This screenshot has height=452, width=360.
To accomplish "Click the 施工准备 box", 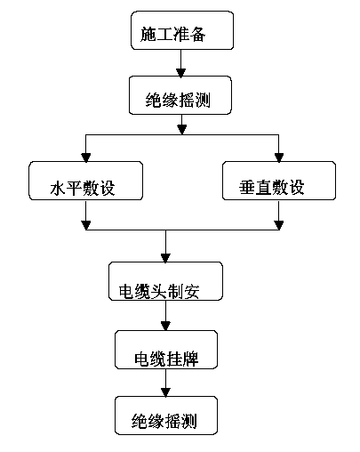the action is coord(182,30).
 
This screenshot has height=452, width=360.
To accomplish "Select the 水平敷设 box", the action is coord(85,181).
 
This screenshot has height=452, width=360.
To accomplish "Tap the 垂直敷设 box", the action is coord(279,181).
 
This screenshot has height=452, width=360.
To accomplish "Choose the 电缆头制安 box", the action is coord(165,281).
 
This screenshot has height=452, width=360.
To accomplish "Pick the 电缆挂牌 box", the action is coord(166,350).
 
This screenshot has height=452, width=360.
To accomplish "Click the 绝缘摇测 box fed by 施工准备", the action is coord(180,95).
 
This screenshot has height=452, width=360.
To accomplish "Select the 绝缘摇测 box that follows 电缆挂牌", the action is coord(166,416).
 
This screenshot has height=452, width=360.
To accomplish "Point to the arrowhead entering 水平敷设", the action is coord(85,157).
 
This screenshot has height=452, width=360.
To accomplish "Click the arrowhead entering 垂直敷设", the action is coord(279,157).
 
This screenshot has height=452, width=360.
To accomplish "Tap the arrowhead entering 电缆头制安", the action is coord(165,258).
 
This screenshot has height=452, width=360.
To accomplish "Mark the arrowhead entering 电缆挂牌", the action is coord(165,327).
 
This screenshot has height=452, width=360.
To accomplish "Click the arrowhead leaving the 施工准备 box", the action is coord(180,73).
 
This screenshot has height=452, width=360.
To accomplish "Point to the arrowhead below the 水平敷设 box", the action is coord(85,225).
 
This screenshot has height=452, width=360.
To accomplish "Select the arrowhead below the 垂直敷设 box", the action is coord(279,225).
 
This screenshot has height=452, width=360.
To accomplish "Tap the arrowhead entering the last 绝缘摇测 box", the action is coord(165,392).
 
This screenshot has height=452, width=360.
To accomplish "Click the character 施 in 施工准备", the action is coord(148,34).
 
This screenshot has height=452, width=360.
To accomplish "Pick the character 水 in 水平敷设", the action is coord(58,188).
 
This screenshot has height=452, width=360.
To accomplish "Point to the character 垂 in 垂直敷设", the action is coord(247,187).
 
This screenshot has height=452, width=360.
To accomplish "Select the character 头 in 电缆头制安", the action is coord(159,291).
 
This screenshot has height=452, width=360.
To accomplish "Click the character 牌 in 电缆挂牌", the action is coord(191,359).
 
